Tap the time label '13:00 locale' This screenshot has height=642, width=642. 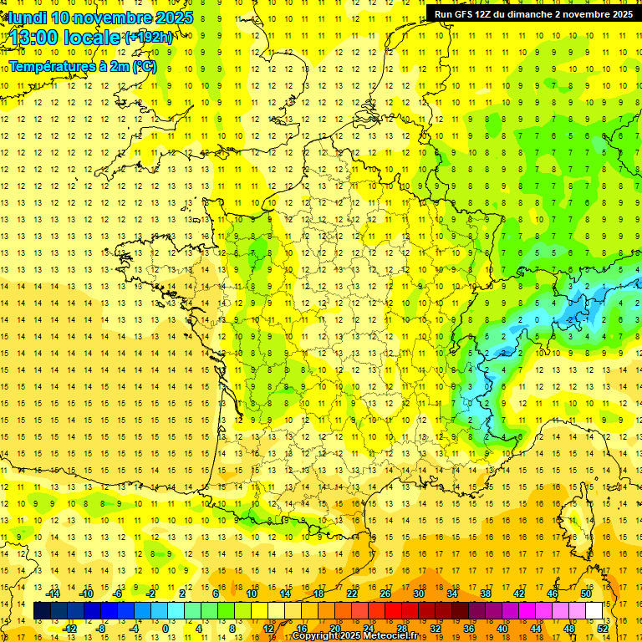pos(63,38)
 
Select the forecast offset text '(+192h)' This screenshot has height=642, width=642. pos(149,38)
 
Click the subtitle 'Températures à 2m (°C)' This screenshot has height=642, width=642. pos(82,66)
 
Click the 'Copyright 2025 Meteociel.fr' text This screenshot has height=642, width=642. pos(354,636)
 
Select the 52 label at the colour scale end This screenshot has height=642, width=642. pos(603,629)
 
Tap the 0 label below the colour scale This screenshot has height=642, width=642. pos(166,629)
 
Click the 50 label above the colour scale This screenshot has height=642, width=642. pos(586,594)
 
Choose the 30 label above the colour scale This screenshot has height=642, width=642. pos(419,594)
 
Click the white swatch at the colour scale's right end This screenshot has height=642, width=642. pos(594,611)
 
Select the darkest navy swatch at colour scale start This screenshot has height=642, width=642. pos(43,611)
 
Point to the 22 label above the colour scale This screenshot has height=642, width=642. pos(352,594)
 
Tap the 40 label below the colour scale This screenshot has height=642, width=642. pos(502,629)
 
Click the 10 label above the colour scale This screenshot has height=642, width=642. pos(252,594)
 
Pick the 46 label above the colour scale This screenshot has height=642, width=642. pos(553,594)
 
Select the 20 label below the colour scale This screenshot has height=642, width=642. pos(335,629)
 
